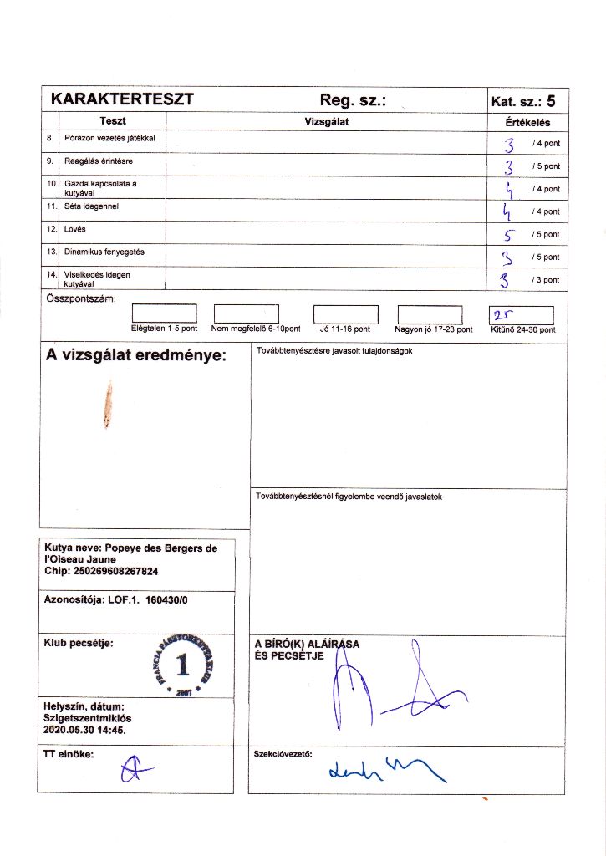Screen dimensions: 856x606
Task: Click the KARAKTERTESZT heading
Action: tap(122, 99)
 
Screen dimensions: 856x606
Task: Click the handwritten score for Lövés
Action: tap(509, 234)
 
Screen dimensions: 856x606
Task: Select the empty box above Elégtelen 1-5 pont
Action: tap(164, 313)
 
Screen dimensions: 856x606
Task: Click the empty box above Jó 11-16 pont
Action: tap(345, 313)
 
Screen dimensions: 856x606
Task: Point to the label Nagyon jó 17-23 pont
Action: tap(434, 329)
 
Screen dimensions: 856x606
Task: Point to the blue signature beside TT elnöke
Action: tap(130, 769)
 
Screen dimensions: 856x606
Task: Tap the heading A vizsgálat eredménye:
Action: tap(136, 356)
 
